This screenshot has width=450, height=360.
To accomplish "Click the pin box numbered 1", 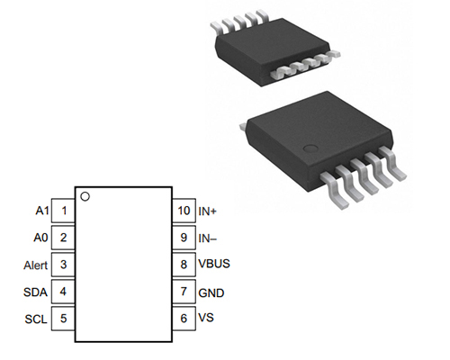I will coord(64,211).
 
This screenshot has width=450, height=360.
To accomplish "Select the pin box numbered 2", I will coord(64,238).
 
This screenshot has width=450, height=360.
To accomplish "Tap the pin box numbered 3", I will coord(64,265).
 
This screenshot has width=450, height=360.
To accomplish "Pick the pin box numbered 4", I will coord(64,292).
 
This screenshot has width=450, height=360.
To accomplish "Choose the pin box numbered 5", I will coord(64,319).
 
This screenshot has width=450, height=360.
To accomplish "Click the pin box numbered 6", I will coord(183,319).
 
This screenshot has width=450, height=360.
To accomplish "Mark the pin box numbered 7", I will coord(183,292).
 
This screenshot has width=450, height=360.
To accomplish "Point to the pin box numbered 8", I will coord(183,265).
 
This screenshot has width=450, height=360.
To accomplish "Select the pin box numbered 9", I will coord(183,238).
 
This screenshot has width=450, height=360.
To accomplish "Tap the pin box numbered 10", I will coord(183,211).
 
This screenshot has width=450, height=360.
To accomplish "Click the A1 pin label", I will coord(40,211).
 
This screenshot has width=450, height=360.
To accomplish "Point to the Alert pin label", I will coord(34,265).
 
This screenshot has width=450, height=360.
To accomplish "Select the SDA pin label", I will coord(35,292).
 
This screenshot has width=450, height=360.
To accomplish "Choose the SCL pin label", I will coord(35,319).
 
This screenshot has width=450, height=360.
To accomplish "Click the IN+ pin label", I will coord(209,211).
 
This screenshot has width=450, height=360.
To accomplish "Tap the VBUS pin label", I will coord(214,265).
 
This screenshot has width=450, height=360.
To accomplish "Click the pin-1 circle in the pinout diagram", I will coord(85,195).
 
